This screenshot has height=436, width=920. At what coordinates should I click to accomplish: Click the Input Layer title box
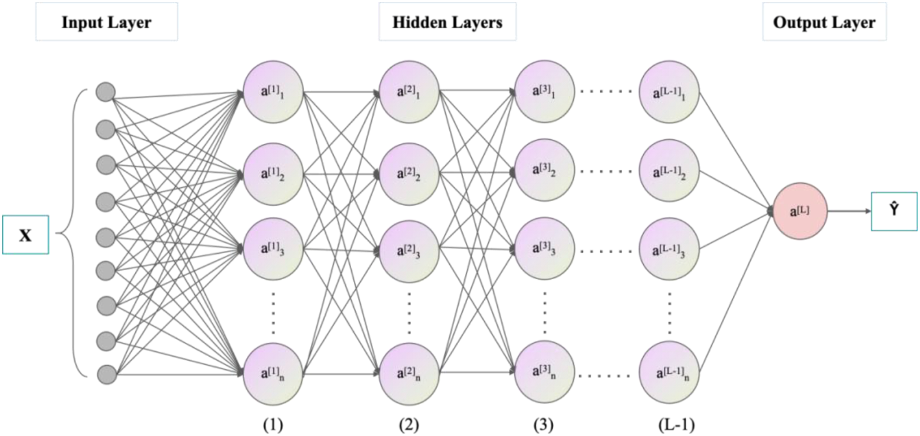pyautogui.click(x=106, y=21)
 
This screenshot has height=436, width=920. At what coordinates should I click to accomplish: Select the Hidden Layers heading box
pyautogui.click(x=447, y=21)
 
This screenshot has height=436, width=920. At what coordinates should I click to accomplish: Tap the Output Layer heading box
pyautogui.click(x=824, y=21)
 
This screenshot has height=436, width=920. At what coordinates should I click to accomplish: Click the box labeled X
pyautogui.click(x=25, y=235)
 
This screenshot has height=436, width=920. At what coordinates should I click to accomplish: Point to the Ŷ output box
pyautogui.click(x=894, y=212)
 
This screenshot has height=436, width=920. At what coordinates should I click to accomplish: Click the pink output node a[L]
pyautogui.click(x=800, y=211)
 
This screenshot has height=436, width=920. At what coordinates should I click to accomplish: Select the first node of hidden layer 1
pyautogui.click(x=273, y=92)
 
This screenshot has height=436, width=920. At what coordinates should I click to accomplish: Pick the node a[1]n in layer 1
pyautogui.click(x=273, y=374)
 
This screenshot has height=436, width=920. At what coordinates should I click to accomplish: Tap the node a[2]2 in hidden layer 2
pyautogui.click(x=409, y=174)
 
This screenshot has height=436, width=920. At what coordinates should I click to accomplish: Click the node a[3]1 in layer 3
pyautogui.click(x=545, y=91)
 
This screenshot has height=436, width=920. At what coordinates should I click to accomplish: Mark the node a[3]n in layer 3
pyautogui.click(x=545, y=372)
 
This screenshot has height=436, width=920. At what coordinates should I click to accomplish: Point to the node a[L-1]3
pyautogui.click(x=669, y=249)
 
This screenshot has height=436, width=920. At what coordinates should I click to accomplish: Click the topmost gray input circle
pyautogui.click(x=106, y=92)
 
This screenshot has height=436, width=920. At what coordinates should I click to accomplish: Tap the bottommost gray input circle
pyautogui.click(x=106, y=374)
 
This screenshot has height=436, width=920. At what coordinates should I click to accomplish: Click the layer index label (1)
pyautogui.click(x=273, y=425)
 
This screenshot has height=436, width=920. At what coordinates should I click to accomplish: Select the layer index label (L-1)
pyautogui.click(x=676, y=425)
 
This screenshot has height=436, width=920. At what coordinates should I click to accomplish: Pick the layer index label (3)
pyautogui.click(x=544, y=425)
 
